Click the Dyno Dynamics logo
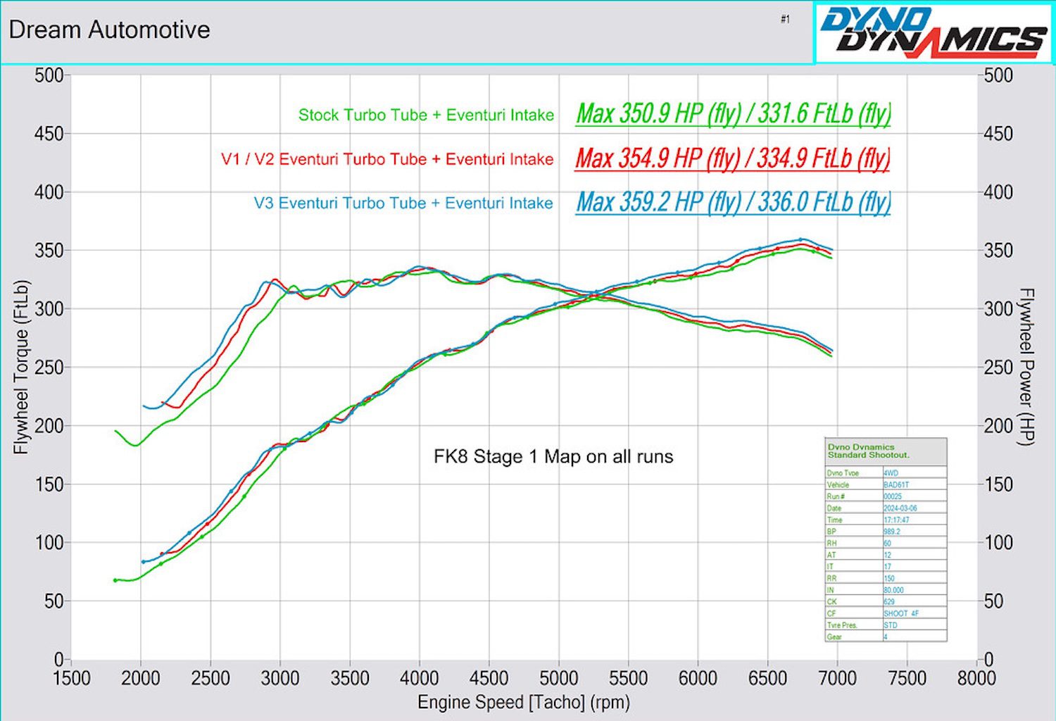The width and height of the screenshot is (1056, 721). [934, 33]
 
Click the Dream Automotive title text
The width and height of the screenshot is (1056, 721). [109, 30]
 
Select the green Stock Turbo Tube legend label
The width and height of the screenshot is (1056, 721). [426, 115]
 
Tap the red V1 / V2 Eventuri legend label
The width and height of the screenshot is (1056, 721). [387, 159]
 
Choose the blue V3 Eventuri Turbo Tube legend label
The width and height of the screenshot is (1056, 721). [403, 203]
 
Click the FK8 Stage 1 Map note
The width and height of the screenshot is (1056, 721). [553, 457]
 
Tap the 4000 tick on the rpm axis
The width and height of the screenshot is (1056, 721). [419, 678]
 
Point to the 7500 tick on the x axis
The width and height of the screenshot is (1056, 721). [907, 678]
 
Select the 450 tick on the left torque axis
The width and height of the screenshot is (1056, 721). [49, 134]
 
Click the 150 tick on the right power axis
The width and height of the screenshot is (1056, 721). [998, 484]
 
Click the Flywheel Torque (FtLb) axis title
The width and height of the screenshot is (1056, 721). [22, 367]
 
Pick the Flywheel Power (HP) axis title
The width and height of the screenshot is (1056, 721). [1026, 367]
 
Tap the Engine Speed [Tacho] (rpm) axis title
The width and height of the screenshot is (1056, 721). [524, 702]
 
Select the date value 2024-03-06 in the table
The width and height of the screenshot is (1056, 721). [900, 508]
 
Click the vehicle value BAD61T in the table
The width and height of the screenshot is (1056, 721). [896, 485]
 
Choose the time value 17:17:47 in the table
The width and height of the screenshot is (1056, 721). [896, 520]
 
